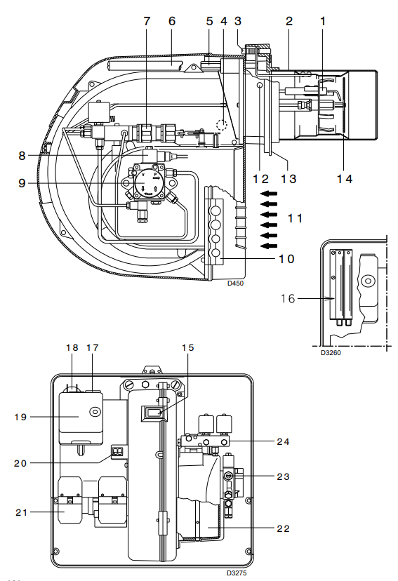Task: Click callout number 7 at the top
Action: (x=147, y=21)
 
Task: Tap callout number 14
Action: (x=345, y=179)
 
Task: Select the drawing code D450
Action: (x=235, y=283)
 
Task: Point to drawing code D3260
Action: (x=331, y=353)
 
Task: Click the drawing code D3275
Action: (x=237, y=573)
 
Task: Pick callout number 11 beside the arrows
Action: (x=295, y=218)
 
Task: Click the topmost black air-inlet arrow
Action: (x=269, y=193)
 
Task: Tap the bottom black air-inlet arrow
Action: (x=269, y=246)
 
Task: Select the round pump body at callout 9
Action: (x=145, y=182)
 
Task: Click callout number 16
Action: (x=288, y=298)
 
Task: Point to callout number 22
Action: (x=283, y=529)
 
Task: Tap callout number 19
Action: (x=21, y=418)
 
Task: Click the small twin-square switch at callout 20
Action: (x=117, y=452)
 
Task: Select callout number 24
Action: (x=283, y=441)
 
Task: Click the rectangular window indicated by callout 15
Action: (x=154, y=413)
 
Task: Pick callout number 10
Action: (x=286, y=259)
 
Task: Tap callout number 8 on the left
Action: (x=22, y=156)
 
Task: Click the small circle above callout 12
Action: (x=260, y=86)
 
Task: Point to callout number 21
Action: (x=22, y=512)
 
